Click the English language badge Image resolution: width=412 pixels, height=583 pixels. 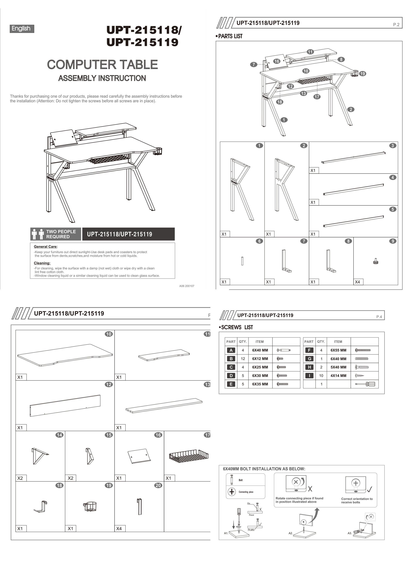(22, 29)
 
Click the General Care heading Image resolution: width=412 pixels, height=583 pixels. (46, 247)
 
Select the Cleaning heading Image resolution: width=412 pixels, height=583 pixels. (42, 263)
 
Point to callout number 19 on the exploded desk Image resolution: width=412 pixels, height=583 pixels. (362, 74)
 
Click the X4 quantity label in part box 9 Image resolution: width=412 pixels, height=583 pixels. (357, 282)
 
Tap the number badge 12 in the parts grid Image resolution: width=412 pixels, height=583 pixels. (109, 384)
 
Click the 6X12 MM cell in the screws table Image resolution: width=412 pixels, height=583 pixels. (260, 359)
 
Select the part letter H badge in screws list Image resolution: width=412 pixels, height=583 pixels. (309, 367)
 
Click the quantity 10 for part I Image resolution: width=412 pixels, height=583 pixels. (321, 375)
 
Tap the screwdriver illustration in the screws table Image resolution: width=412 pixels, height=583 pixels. (365, 384)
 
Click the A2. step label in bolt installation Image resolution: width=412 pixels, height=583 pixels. (291, 533)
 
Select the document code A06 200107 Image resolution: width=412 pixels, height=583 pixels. (187, 286)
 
